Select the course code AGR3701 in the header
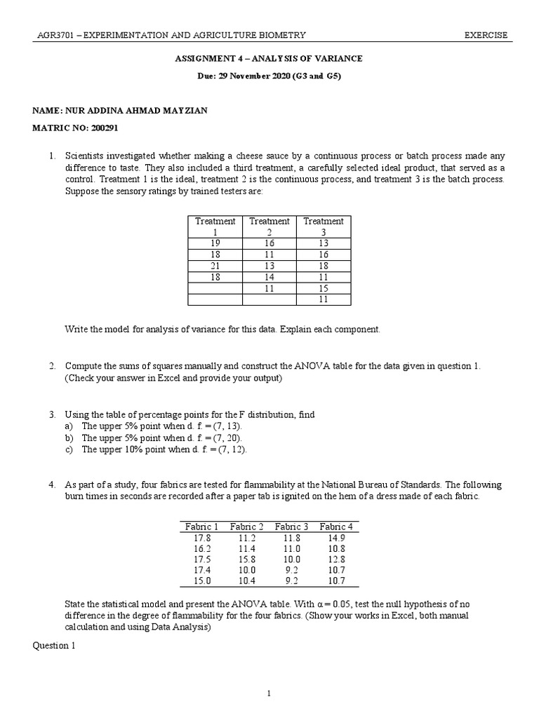[x=55, y=36]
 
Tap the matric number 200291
[x=95, y=129]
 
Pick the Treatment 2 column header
[x=269, y=226]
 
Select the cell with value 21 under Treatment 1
[x=215, y=266]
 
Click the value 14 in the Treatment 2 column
[x=269, y=277]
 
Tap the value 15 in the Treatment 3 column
[x=324, y=288]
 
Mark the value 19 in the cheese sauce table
[x=215, y=243]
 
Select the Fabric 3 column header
[x=291, y=527]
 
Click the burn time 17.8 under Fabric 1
[x=202, y=538]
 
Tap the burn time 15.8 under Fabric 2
[x=246, y=560]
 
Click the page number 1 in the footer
[x=269, y=693]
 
